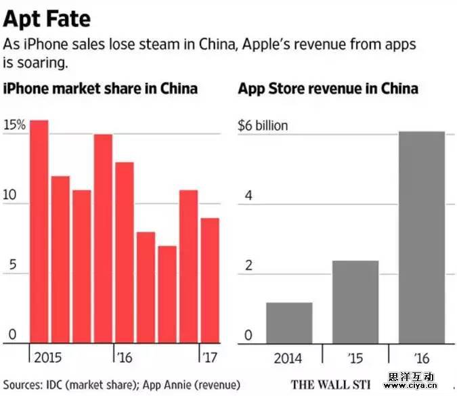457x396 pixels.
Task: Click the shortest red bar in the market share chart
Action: point(168,294)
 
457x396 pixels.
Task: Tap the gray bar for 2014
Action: point(289,323)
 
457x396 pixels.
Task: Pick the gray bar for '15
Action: point(355,302)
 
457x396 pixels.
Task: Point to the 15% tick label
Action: point(14,125)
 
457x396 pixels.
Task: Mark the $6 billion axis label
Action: point(263,125)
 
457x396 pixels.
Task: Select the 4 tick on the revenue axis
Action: point(248,196)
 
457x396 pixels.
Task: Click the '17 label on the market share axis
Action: point(209,356)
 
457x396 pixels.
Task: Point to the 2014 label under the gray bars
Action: point(288,357)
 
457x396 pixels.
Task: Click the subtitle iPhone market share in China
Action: point(101,89)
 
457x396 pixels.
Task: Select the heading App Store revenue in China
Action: point(328,89)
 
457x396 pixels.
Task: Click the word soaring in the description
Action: point(41,62)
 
